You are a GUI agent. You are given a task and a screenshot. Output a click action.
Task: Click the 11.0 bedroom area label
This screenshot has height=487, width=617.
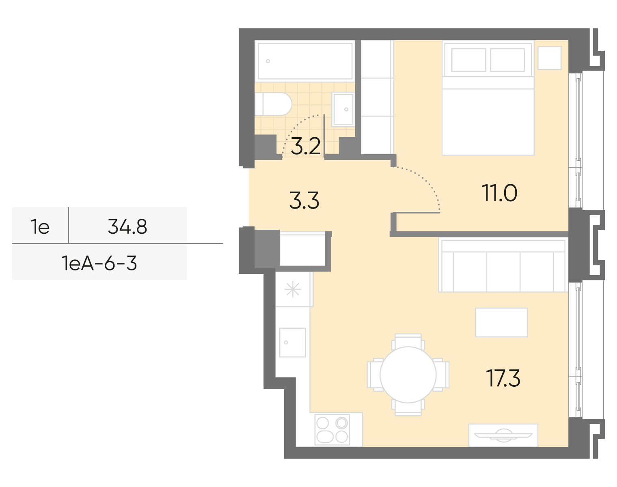tap(499, 193)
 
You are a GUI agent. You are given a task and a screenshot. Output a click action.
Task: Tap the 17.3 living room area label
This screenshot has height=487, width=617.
tap(503, 379)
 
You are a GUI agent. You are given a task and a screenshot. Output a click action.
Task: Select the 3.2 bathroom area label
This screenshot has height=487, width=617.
tap(306, 147)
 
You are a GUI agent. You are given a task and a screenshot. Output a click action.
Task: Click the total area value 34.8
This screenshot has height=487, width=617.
tap(127, 226)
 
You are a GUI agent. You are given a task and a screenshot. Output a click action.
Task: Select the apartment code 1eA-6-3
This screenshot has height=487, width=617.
tap(99, 263)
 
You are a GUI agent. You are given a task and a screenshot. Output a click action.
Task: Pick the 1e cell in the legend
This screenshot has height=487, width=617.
tap(40, 226)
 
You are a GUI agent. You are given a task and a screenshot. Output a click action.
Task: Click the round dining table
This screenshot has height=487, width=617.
tap(408, 375)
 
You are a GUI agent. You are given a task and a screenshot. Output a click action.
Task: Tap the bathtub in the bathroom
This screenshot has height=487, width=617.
tap(305, 61)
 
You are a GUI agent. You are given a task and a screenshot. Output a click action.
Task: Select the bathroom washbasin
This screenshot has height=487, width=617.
tap(343, 109)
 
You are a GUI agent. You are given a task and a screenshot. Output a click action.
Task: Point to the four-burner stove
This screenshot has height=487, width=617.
tap(332, 430)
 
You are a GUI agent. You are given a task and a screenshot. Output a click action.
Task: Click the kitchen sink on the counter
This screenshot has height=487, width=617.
tap(292, 343)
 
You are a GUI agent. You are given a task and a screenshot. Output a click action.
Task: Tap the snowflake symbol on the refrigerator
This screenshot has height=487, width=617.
tap(292, 290)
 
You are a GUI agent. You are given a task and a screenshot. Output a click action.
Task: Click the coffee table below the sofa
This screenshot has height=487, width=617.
tap(501, 322)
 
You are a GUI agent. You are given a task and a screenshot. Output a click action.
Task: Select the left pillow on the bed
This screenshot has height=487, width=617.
tap(468, 60)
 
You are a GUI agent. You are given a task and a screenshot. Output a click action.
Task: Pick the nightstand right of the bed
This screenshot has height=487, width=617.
tap(550, 58)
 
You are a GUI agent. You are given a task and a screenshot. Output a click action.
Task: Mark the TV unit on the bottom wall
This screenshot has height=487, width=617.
tap(503, 435)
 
